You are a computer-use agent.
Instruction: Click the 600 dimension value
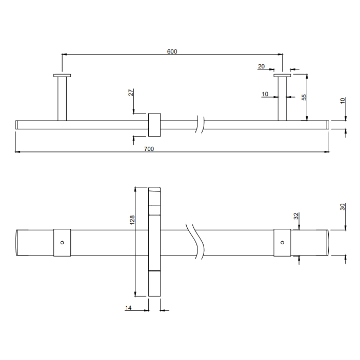pyautogui.click(x=172, y=51)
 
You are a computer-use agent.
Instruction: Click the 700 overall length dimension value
pyautogui.click(x=149, y=149)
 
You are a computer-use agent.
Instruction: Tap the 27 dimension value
pyautogui.click(x=131, y=92)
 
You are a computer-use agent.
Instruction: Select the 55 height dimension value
pyautogui.click(x=304, y=97)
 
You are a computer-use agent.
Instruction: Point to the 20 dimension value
pyautogui.click(x=261, y=67)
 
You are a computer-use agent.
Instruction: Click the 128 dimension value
pyautogui.click(x=132, y=220)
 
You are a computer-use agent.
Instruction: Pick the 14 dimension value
pyautogui.click(x=128, y=308)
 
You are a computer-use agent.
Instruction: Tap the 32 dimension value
pyautogui.click(x=296, y=216)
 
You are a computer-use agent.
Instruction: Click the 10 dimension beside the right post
pyautogui.click(x=265, y=94)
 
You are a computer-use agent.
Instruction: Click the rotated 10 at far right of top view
pyautogui.click(x=343, y=101)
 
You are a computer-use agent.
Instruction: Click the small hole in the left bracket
pyautogui.click(x=62, y=243)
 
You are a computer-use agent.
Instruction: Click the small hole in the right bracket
pyautogui.click(x=282, y=243)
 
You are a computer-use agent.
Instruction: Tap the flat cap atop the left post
pyautogui.click(x=62, y=75)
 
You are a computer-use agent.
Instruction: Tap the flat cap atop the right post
pyautogui.click(x=282, y=75)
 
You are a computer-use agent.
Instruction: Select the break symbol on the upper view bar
pyautogui.click(x=200, y=124)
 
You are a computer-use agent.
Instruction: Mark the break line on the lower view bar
pyautogui.click(x=197, y=243)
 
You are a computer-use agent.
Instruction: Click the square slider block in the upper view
pyautogui.click(x=154, y=125)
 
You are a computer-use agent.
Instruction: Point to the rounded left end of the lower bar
pyautogui.click(x=17, y=243)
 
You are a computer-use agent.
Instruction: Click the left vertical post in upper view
pyautogui.click(x=62, y=98)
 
